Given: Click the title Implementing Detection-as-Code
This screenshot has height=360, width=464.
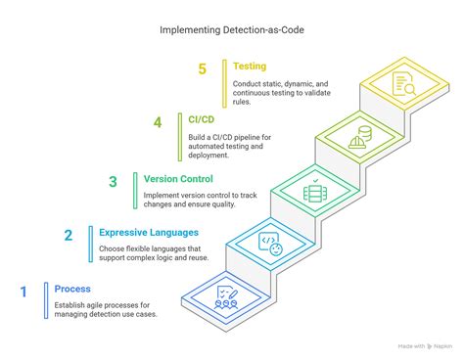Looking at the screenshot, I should [231, 29].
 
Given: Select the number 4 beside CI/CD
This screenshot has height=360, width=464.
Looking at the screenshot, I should [158, 123].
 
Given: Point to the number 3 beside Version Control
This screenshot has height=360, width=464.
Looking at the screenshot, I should [114, 181].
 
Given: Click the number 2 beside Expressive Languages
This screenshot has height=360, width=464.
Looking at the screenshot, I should [68, 235].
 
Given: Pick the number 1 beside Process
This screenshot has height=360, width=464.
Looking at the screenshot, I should [23, 291].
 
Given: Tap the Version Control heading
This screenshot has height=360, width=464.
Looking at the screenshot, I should [177, 178].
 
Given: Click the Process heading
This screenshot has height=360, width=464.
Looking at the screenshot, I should [72, 289].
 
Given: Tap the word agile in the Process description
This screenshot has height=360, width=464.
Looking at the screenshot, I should [121, 304].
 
